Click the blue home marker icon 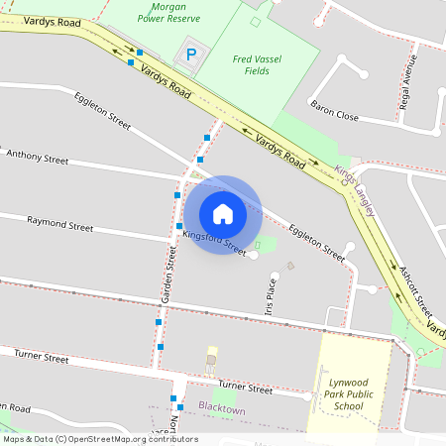[x=222, y=214]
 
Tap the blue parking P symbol [x=190, y=56]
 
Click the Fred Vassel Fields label [x=257, y=65]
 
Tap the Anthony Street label [x=38, y=158]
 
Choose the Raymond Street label [x=59, y=225]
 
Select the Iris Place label [x=270, y=295]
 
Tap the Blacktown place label [x=221, y=408]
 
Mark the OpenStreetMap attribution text [x=100, y=439]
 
